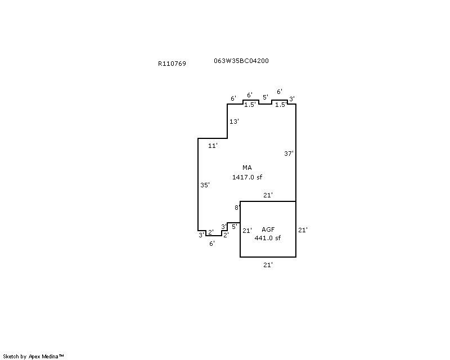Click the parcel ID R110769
172,64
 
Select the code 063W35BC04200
241,61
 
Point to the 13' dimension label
234,121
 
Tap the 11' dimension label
213,146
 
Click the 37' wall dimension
289,154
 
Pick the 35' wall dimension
205,185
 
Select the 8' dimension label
237,207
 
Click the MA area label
247,168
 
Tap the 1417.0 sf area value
247,177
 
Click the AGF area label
268,229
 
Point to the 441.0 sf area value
268,238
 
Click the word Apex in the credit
34,357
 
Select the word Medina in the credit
50,357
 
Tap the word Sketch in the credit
11,357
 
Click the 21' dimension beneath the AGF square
268,265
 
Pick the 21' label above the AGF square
268,195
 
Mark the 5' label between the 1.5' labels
265,97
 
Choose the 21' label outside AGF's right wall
303,230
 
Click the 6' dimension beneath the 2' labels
212,244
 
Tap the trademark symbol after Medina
61,355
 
